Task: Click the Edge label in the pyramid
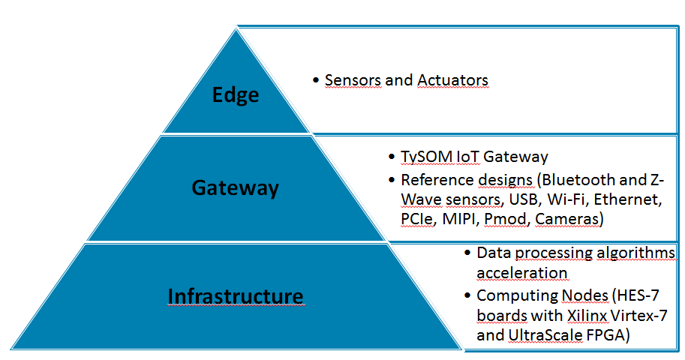(236, 94)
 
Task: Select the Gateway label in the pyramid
(235, 187)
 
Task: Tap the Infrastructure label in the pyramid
(236, 295)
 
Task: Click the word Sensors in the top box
(353, 80)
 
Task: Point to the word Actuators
(452, 80)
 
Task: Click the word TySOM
(426, 157)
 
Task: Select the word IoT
(467, 157)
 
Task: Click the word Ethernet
(628, 199)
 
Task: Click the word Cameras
(567, 218)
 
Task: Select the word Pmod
(506, 218)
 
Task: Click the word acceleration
(521, 272)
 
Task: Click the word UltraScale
(545, 335)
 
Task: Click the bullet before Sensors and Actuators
(316, 80)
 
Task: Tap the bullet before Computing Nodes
(467, 295)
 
